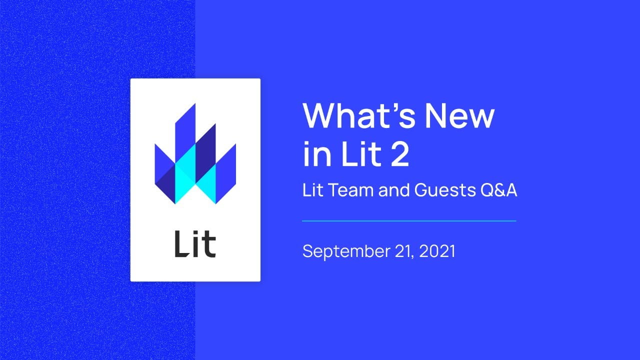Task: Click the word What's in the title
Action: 359,115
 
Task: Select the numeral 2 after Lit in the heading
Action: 399,154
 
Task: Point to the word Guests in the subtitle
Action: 445,190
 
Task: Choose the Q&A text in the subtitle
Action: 499,190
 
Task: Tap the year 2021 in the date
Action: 437,251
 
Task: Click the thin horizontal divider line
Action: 409,221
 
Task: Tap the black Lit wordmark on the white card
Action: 195,244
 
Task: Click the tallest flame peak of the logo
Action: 195,104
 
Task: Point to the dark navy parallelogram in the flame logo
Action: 205,153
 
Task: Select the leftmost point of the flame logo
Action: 155,144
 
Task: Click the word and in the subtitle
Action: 394,190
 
